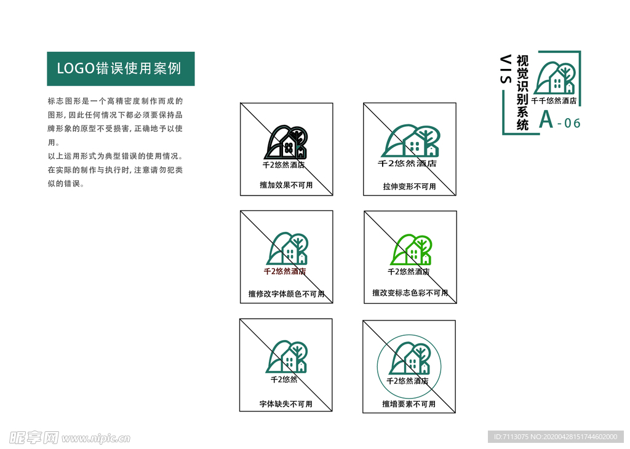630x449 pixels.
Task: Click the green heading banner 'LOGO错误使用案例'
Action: coord(121,69)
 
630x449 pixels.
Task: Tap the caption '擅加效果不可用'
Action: coord(286,185)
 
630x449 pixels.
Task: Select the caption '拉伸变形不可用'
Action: coord(409,186)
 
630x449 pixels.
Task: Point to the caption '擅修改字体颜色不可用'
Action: coord(287,294)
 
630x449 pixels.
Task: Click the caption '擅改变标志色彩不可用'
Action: coord(410,293)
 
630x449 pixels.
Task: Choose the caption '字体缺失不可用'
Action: coord(285,404)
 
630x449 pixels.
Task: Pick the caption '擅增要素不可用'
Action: coord(409,404)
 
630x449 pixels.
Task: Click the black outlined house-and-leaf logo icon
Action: coord(285,142)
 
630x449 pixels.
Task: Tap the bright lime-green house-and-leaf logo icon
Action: coord(411,250)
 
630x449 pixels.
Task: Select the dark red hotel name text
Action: coord(285,271)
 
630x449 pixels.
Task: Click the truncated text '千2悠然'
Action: coord(284,379)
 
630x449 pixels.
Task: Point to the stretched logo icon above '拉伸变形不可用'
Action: coord(410,141)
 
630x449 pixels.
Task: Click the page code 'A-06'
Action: coord(560,120)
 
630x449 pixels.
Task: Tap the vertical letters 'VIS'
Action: coord(506,69)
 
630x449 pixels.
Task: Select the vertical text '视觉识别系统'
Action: coord(522,93)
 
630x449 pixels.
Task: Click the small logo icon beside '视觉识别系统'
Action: coord(554,78)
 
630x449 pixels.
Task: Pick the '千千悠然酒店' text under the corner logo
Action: coord(554,101)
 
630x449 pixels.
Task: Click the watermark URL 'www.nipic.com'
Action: coord(96,438)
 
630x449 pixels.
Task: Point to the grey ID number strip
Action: coord(556,437)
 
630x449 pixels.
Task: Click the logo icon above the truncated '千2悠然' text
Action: coord(287,357)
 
